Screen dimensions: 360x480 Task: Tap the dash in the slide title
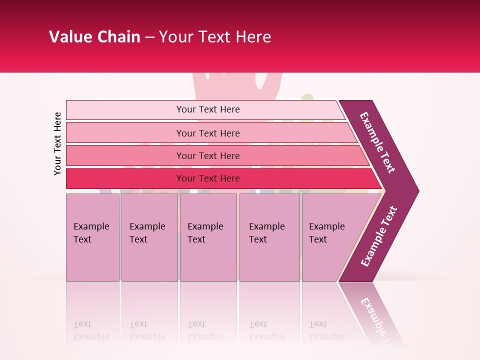point(149,37)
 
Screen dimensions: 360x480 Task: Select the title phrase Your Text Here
point(214,37)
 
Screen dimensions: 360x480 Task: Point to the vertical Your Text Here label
point(57,143)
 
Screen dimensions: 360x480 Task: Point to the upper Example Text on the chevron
point(377,142)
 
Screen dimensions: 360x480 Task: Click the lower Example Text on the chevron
point(379,236)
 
